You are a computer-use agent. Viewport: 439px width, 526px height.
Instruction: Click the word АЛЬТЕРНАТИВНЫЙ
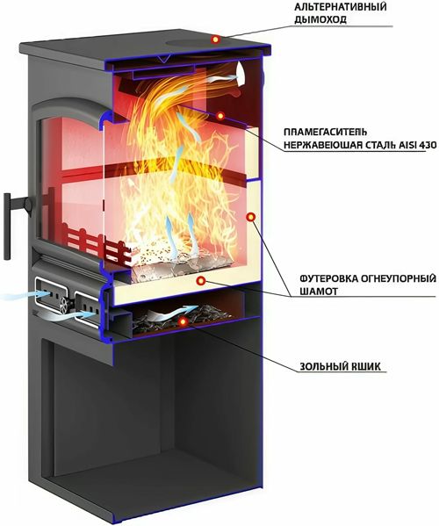pyautogui.click(x=340, y=7)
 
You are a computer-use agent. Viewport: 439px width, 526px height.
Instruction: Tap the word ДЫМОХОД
pyautogui.click(x=320, y=20)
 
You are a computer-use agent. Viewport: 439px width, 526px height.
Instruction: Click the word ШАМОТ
pyautogui.click(x=318, y=292)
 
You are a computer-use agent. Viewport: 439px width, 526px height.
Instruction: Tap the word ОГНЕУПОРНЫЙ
pyautogui.click(x=399, y=278)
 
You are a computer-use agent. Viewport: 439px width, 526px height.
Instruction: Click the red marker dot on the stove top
pyautogui.click(x=216, y=40)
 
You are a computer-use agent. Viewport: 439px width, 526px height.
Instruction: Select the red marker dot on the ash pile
pyautogui.click(x=183, y=321)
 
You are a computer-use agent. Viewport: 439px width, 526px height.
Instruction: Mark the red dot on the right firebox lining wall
pyautogui.click(x=250, y=218)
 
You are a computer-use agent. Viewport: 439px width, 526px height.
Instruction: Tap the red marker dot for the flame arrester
pyautogui.click(x=220, y=116)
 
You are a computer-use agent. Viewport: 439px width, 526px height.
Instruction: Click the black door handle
pyautogui.click(x=7, y=227)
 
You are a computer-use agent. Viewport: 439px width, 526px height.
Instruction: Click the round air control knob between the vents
pyautogui.click(x=64, y=304)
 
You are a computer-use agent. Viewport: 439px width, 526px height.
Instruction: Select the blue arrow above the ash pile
pyautogui.click(x=172, y=313)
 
